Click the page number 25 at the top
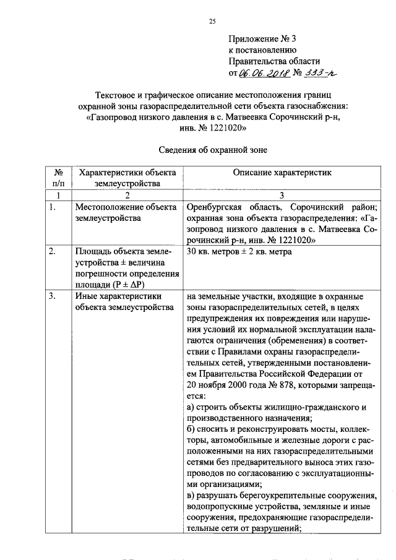[x=211, y=22]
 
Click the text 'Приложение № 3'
[x=264, y=38]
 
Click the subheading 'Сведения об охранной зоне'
[x=212, y=149]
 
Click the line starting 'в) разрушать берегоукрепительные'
[x=282, y=496]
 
